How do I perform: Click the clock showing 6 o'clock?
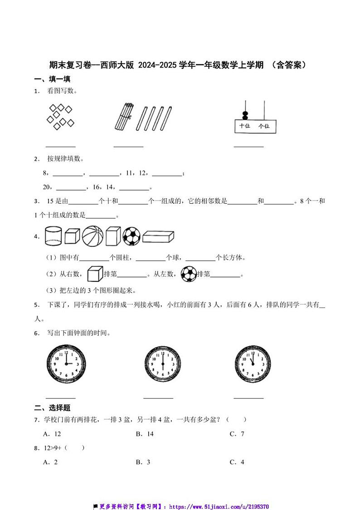click(x=163, y=364)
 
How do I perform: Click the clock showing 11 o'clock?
click(x=253, y=364)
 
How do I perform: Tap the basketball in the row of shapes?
click(x=92, y=236)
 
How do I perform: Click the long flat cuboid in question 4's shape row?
click(x=158, y=236)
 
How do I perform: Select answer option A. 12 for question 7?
click(x=52, y=434)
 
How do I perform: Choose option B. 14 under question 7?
click(x=145, y=434)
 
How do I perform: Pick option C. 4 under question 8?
click(x=237, y=462)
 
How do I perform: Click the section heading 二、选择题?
click(x=53, y=407)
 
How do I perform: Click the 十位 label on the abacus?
click(x=244, y=126)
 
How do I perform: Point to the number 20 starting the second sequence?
click(x=46, y=187)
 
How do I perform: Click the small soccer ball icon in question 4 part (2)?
click(x=188, y=274)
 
